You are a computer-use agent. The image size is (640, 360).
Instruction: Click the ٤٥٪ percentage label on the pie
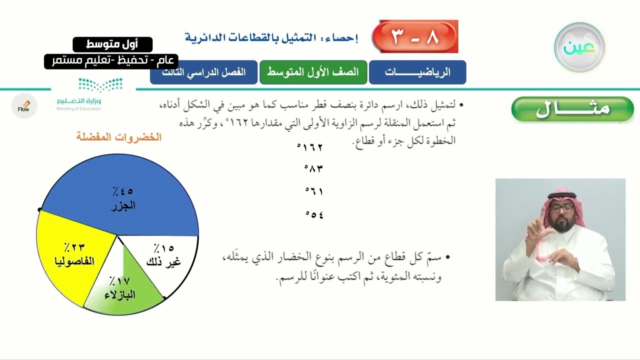coord(122,191)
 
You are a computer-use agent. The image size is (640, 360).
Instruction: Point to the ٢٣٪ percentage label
coord(74,247)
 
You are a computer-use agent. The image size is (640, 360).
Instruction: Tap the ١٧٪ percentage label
coord(119,280)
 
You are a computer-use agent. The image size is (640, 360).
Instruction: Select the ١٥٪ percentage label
coord(163,248)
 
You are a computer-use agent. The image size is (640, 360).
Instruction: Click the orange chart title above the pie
coord(119,137)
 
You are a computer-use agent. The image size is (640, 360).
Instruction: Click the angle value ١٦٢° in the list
coord(310,147)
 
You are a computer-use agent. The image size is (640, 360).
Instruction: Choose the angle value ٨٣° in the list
coord(313,168)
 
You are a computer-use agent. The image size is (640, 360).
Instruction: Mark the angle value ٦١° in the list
coord(314,191)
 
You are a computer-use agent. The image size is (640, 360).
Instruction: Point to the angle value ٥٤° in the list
coord(314,214)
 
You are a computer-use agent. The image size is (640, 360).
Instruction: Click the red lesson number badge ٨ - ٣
coord(415,36)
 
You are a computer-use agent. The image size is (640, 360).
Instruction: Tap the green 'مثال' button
coord(572,109)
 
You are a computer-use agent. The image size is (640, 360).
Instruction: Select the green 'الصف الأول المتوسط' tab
coord(313,72)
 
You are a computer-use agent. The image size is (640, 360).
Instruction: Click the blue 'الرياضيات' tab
coord(417,72)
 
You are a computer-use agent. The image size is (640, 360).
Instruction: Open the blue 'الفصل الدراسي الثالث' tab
coord(203,72)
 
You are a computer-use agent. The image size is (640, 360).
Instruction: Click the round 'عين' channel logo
coord(579,47)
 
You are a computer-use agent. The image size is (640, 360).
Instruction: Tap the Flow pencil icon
coord(24,106)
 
